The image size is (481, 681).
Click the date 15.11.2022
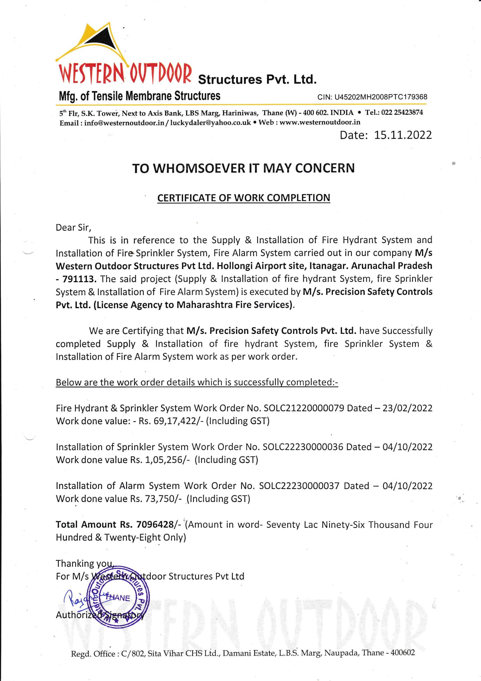[x=403, y=135]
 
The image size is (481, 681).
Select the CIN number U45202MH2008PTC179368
[x=381, y=97]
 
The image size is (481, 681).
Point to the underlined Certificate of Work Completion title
[x=243, y=198]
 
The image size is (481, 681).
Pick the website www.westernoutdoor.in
[x=320, y=122]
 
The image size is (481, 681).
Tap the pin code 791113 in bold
[x=79, y=279]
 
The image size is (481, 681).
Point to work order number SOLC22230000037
[x=299, y=486]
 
